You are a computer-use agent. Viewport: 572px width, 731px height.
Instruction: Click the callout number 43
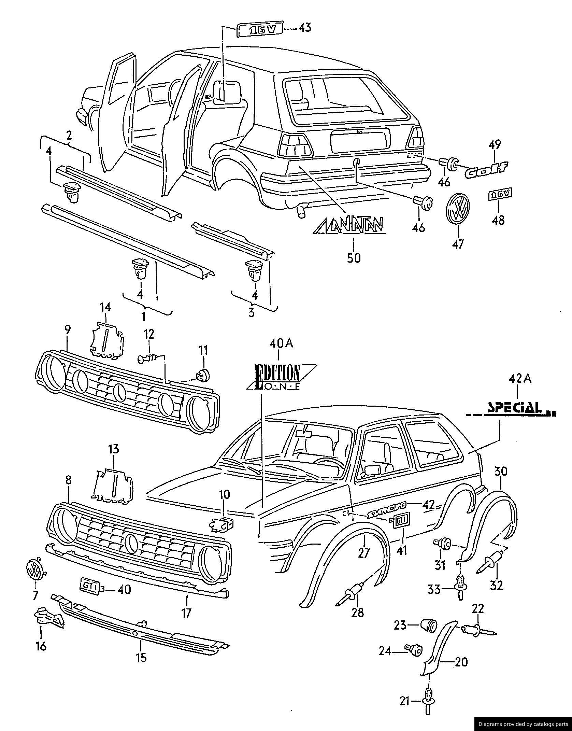305,27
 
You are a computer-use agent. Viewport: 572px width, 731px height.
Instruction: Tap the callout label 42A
519,379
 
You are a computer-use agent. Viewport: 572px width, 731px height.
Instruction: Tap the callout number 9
67,330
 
